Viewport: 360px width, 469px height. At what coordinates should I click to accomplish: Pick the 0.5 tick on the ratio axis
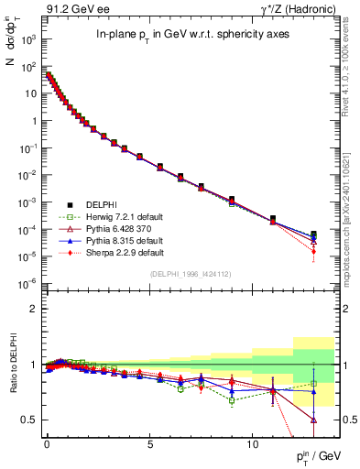pos(28,420)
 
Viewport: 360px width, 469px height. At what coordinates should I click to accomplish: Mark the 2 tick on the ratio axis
pos(33,310)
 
